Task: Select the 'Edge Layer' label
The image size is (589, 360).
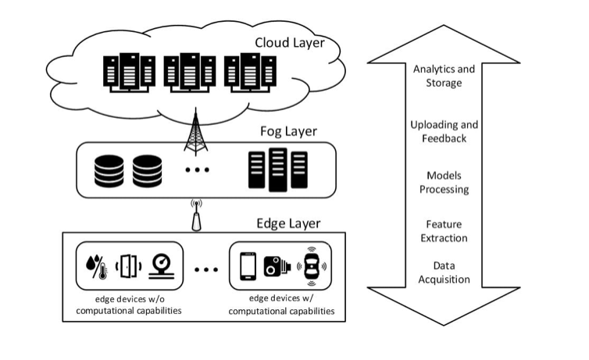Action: [x=289, y=223]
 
